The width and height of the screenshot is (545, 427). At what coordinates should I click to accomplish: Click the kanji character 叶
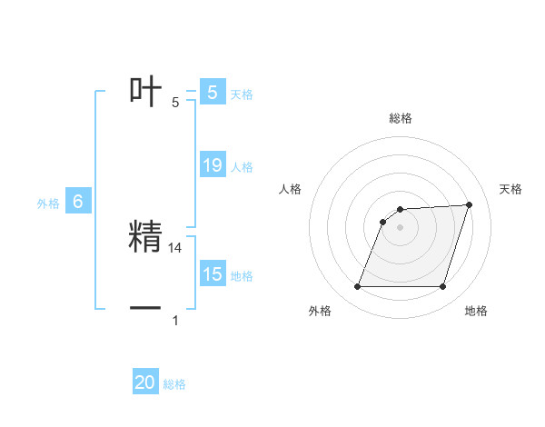145,91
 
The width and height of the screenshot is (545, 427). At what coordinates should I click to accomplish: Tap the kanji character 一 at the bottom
145,308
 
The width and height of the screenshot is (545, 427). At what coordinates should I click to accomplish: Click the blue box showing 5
212,92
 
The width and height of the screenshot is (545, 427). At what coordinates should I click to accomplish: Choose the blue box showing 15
212,273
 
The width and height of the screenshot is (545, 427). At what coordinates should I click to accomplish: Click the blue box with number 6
77,202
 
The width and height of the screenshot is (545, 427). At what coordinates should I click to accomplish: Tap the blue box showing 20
145,382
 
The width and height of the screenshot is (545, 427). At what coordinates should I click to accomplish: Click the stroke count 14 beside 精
175,247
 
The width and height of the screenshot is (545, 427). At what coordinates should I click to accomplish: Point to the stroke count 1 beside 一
175,320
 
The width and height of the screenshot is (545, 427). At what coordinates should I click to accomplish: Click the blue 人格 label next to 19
242,167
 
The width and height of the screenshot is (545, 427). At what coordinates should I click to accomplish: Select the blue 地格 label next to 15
242,276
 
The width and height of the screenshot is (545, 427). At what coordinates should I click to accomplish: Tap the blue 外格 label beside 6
48,204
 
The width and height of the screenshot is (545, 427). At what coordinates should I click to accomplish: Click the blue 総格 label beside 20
174,385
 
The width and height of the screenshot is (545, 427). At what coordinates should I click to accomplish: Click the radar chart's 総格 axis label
400,118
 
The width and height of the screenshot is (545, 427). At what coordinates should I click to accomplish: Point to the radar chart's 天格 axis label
510,189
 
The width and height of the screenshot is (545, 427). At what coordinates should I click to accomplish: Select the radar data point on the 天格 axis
469,204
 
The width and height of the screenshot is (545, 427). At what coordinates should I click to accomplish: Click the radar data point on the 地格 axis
442,286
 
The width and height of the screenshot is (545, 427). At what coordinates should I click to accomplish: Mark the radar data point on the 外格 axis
357,286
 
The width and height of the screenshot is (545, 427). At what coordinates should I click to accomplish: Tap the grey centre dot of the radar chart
400,227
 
